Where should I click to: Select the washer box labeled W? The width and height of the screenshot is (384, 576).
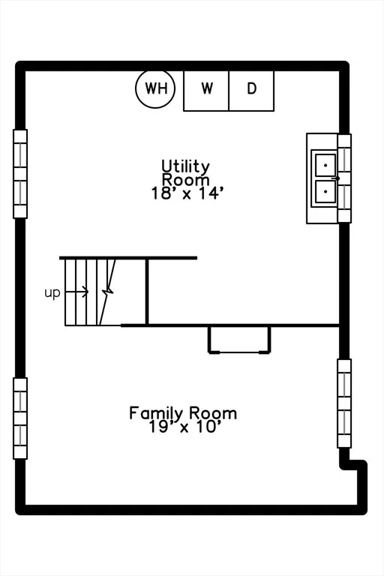click(x=206, y=91)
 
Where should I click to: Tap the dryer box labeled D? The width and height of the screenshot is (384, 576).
click(x=251, y=91)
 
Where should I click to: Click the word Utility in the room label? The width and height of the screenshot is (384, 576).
click(x=186, y=166)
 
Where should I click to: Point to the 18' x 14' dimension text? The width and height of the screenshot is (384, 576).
click(x=187, y=193)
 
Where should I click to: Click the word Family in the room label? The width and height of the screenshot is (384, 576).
click(x=155, y=413)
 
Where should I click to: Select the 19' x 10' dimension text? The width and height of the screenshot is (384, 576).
click(x=184, y=427)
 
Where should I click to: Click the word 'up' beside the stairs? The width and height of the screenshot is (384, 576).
click(x=52, y=293)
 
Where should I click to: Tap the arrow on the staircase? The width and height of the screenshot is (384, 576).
click(x=76, y=292)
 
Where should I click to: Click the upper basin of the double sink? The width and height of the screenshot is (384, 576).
click(x=325, y=165)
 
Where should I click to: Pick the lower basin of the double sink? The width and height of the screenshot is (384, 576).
click(x=325, y=191)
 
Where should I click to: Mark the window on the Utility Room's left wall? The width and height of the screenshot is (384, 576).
click(x=20, y=174)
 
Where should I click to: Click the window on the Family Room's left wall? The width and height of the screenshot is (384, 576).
click(x=20, y=418)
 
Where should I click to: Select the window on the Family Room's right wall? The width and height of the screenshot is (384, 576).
click(x=344, y=403)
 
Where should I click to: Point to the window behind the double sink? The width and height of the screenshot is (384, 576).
click(x=344, y=178)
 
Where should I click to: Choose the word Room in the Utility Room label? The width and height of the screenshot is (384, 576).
click(x=186, y=180)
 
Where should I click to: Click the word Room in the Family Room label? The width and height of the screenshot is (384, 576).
click(x=213, y=413)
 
